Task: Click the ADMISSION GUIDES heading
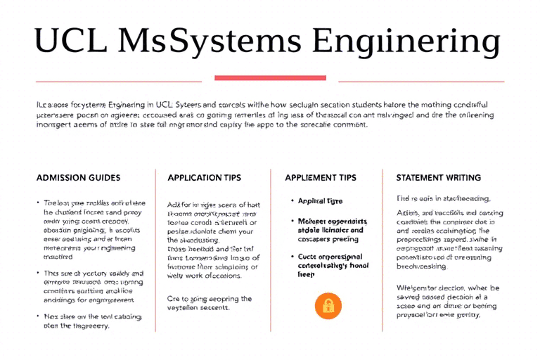[78, 178]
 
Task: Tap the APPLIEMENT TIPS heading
[321, 178]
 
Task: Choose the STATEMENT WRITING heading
[439, 178]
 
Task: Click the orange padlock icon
[328, 305]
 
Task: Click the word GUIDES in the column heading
[103, 178]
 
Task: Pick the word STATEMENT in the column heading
[418, 178]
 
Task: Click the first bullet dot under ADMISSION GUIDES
[38, 202]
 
